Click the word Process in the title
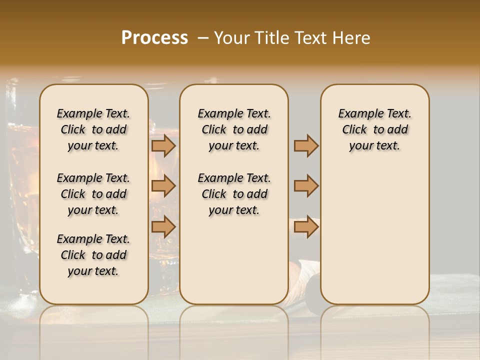pyautogui.click(x=154, y=38)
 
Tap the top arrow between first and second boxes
pyautogui.click(x=163, y=145)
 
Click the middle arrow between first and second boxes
pyautogui.click(x=163, y=186)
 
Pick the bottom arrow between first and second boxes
pyautogui.click(x=163, y=226)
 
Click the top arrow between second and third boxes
pyautogui.click(x=306, y=145)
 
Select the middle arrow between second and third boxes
pyautogui.click(x=306, y=186)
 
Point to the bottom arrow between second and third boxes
pyautogui.click(x=306, y=226)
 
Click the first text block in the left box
pyautogui.click(x=93, y=129)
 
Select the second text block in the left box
pyautogui.click(x=93, y=194)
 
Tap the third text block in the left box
pyautogui.click(x=93, y=255)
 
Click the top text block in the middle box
pyautogui.click(x=234, y=129)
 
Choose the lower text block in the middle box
pyautogui.click(x=234, y=194)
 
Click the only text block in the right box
pyautogui.click(x=374, y=129)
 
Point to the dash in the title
pyautogui.click(x=203, y=38)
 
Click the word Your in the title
pyautogui.click(x=232, y=38)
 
